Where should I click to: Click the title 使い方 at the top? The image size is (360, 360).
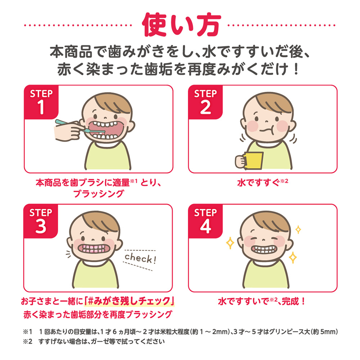(181, 25)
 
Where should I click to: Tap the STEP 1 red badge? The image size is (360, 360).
(41, 102)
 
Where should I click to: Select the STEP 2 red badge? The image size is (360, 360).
(206, 102)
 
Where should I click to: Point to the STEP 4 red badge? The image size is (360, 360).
(206, 221)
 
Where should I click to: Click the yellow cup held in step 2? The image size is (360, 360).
(254, 161)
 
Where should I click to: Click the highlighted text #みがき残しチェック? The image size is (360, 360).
(129, 301)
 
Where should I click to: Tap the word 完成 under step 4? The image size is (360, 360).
(291, 301)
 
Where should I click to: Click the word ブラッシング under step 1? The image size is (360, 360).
(99, 194)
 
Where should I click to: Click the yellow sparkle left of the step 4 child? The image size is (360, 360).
(230, 243)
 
